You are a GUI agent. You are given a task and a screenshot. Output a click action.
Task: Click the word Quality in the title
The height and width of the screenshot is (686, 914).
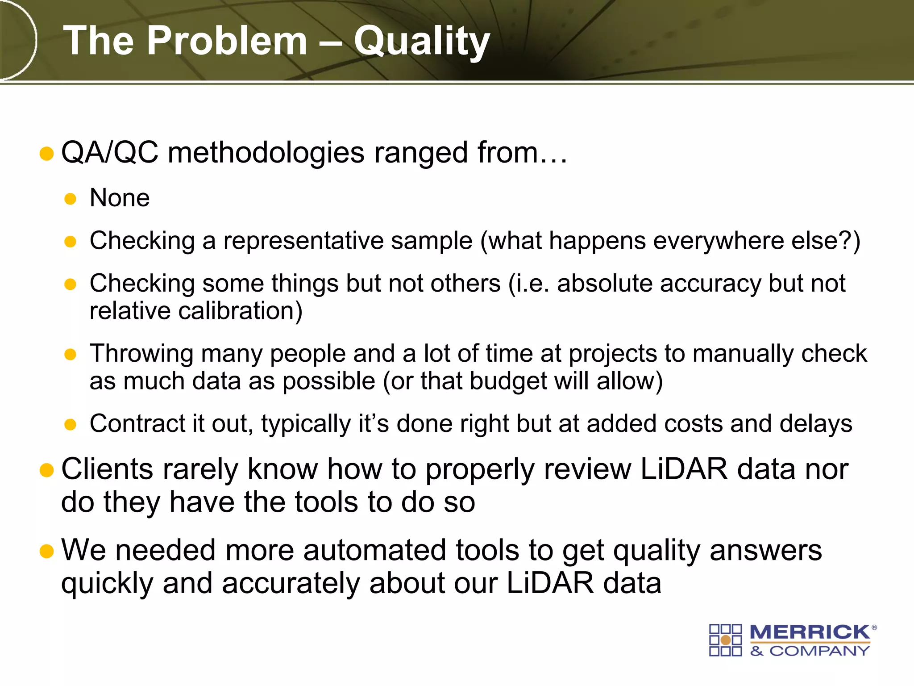click(x=422, y=41)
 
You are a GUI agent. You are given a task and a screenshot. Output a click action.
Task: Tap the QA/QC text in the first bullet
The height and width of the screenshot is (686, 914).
click(x=110, y=153)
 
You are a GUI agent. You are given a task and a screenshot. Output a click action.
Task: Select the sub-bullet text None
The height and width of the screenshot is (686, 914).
click(x=120, y=198)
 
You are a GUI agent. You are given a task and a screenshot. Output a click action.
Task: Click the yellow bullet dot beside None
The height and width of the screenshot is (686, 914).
click(x=70, y=199)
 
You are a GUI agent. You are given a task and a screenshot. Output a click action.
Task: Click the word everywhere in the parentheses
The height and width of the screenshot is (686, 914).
click(x=718, y=241)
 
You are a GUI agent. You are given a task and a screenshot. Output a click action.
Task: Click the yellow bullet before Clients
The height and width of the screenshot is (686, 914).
click(x=46, y=470)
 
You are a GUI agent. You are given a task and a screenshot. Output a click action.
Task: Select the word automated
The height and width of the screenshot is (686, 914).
click(x=374, y=550)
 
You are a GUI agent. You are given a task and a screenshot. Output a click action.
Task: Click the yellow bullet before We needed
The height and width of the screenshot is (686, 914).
click(x=46, y=551)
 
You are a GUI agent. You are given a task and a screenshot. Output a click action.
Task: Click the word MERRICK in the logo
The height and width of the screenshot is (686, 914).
click(x=810, y=632)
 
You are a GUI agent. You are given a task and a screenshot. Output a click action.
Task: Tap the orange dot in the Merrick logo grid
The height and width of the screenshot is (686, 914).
click(x=725, y=640)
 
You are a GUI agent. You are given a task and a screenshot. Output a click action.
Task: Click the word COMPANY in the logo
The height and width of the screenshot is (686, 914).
click(x=819, y=651)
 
